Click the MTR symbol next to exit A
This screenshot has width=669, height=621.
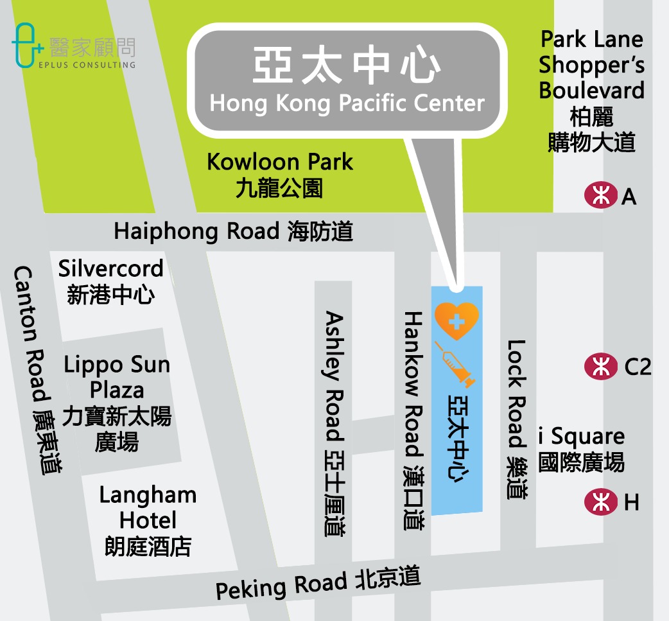tap(600, 195)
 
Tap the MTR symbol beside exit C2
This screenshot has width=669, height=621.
tap(600, 366)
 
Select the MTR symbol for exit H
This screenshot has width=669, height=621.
tap(600, 502)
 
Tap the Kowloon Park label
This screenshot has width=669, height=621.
tap(280, 174)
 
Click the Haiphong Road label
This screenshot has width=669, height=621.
tap(234, 231)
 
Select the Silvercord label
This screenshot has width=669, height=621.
tap(110, 281)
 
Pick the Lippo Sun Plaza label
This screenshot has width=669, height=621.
tap(117, 403)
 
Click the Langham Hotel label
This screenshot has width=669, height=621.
tap(148, 520)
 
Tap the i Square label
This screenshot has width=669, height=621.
tap(581, 448)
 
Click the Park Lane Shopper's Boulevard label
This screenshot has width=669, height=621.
tap(591, 91)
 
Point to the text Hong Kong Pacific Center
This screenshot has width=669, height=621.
tap(347, 103)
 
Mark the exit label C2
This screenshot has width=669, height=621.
tap(638, 367)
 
